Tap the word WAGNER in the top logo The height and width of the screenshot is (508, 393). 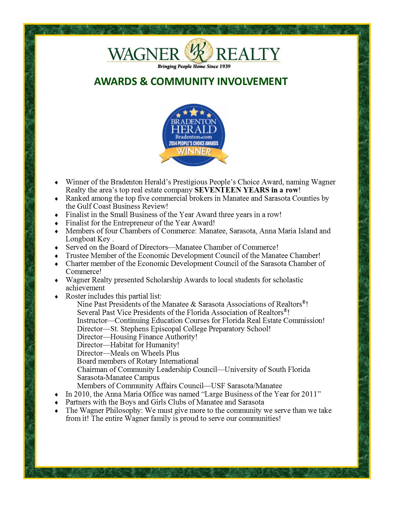[x=143, y=54]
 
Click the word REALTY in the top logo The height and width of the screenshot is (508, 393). [x=248, y=54]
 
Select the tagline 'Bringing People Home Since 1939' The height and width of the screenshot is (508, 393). [x=194, y=67]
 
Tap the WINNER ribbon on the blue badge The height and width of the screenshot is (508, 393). [x=194, y=152]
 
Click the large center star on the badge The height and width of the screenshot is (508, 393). [x=194, y=111]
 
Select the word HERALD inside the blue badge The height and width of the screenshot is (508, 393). [x=194, y=129]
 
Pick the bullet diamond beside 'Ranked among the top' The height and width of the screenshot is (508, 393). [x=56, y=199]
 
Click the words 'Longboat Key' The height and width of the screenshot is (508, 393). [x=88, y=239]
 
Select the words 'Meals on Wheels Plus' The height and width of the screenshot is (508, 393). [x=145, y=353]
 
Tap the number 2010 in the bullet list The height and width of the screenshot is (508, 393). [x=82, y=394]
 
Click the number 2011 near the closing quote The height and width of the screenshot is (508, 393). [x=309, y=394]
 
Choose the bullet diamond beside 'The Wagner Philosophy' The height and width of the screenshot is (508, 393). [x=56, y=411]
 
